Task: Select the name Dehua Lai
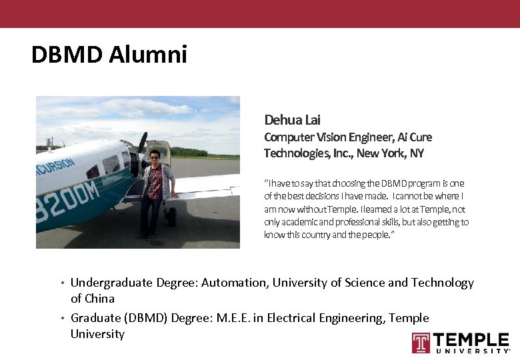point(292,120)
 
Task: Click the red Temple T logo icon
point(421,343)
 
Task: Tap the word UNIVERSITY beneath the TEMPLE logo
point(473,351)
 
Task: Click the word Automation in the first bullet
point(233,283)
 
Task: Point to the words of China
point(93,299)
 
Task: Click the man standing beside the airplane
point(154,193)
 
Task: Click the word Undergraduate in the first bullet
point(112,283)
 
